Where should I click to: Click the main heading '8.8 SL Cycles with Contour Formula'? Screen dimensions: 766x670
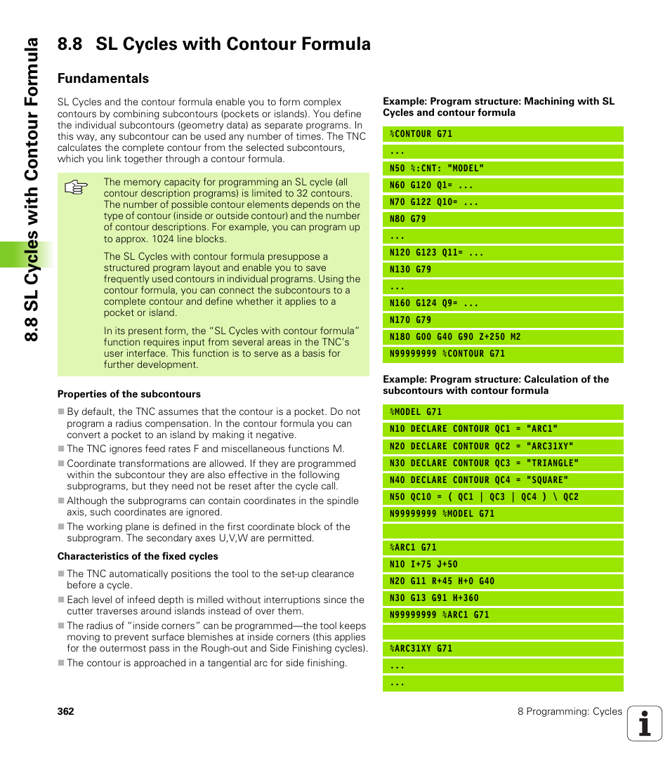pos(214,44)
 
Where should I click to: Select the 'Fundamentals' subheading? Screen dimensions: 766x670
pos(103,78)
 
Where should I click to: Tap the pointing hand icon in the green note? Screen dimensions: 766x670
pos(75,187)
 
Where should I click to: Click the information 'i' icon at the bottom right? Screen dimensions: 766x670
pos(645,724)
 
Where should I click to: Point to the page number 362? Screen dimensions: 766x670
pos(66,711)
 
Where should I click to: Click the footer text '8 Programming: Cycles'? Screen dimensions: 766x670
pos(570,711)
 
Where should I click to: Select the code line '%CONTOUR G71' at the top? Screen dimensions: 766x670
pos(421,134)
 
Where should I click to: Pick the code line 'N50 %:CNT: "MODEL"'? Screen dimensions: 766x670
pos(437,169)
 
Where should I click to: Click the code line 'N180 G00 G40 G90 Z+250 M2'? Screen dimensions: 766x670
pos(455,337)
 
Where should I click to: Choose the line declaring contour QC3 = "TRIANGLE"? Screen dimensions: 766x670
pos(485,463)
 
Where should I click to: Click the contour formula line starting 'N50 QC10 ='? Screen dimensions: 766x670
pos(485,497)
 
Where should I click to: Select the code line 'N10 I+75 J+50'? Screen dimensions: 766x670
pos(423,564)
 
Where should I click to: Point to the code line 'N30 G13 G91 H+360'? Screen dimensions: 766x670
pos(434,598)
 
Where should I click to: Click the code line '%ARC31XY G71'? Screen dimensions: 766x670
pos(421,649)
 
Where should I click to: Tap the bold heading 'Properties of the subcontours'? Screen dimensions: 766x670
pos(129,395)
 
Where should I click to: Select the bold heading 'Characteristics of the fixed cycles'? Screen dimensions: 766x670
pos(138,557)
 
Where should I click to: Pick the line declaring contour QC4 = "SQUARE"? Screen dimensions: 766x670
pos(479,480)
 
